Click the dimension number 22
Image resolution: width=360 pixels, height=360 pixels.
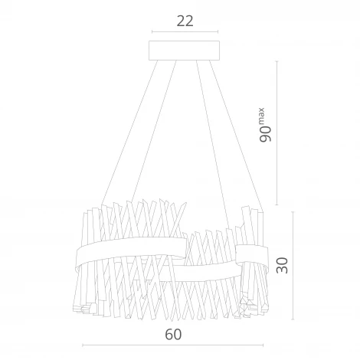click(x=184, y=21)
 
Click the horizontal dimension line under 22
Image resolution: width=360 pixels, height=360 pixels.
click(x=184, y=32)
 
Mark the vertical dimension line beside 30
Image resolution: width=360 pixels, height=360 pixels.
click(x=295, y=264)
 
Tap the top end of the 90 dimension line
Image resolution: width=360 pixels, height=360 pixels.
click(x=277, y=60)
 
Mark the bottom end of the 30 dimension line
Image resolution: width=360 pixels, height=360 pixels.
click(x=295, y=316)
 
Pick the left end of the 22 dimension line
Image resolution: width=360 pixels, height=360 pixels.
click(x=152, y=32)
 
